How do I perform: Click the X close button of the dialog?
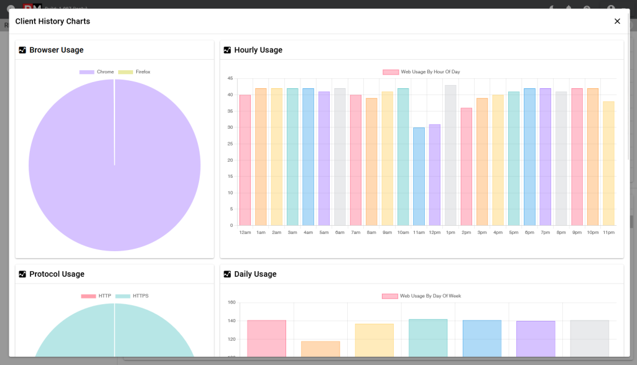click(x=617, y=21)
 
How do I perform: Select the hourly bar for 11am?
click(x=419, y=177)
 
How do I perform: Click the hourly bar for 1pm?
click(x=450, y=155)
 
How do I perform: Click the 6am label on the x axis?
click(x=340, y=233)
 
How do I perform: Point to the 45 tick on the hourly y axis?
click(x=230, y=78)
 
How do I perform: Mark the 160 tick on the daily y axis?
click(x=231, y=303)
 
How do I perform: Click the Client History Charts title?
click(x=53, y=21)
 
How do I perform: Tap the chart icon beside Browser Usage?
click(x=22, y=50)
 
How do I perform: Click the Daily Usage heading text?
click(x=255, y=274)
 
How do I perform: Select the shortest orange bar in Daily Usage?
click(x=320, y=349)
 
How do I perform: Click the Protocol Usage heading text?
click(x=57, y=274)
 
